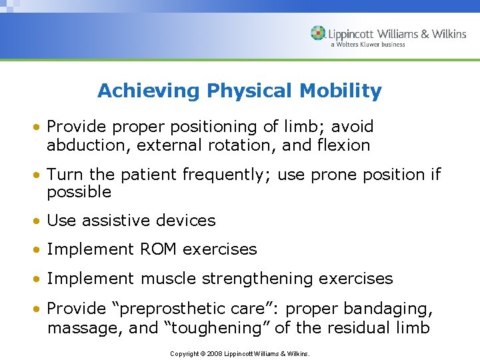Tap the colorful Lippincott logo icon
click(x=318, y=34)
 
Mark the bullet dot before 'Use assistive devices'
click(x=40, y=221)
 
